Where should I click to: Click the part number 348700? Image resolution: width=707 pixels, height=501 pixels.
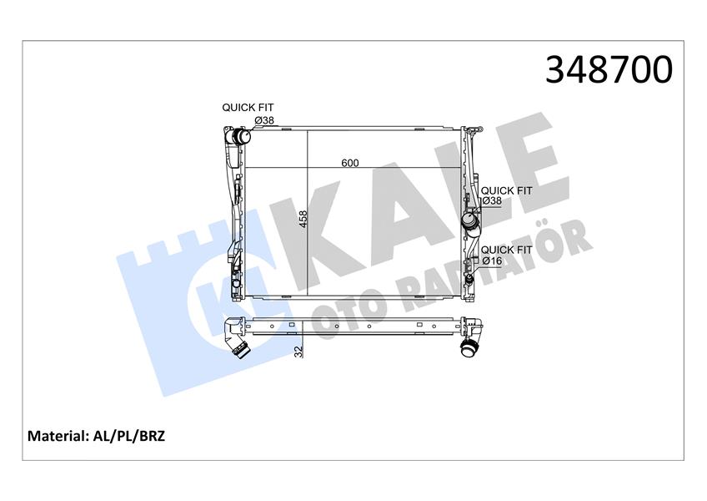tap(608, 70)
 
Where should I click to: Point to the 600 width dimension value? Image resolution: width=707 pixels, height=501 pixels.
tap(350, 163)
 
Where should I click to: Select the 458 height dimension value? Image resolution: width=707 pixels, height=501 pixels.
tap(303, 219)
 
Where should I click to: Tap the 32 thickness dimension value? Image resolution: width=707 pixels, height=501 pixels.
tap(298, 352)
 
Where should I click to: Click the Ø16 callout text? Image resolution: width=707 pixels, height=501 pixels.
tap(492, 261)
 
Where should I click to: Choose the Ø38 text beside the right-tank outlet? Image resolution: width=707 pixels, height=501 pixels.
tap(492, 201)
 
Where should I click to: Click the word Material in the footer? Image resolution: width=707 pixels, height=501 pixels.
tap(58, 436)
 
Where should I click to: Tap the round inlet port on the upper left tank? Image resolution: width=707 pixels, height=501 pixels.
tap(241, 136)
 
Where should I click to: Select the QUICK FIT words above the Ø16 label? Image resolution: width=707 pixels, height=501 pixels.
tap(506, 250)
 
